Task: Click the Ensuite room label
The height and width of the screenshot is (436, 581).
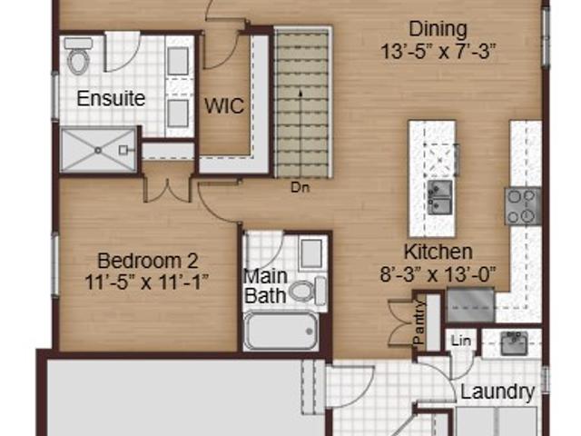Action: (x=111, y=99)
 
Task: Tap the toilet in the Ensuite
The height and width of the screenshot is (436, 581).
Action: (x=79, y=56)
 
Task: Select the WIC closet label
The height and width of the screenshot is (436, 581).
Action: (x=224, y=106)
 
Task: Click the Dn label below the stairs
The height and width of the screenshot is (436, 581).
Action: (x=300, y=188)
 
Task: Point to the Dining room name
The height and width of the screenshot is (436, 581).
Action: (x=438, y=29)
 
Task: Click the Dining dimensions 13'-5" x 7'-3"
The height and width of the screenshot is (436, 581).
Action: (x=438, y=52)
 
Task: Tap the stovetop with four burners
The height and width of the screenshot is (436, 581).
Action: (x=523, y=206)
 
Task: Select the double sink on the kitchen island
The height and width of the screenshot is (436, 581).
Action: (x=440, y=197)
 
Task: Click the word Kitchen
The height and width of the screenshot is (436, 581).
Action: (x=438, y=253)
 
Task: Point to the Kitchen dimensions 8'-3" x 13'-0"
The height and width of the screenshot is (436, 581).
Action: (x=438, y=274)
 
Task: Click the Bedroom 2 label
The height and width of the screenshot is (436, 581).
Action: (x=147, y=261)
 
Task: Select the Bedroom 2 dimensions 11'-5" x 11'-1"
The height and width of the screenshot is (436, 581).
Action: (x=147, y=282)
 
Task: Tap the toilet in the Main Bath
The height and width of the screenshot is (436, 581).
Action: (x=307, y=291)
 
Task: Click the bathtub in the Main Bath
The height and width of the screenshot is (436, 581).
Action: (x=281, y=331)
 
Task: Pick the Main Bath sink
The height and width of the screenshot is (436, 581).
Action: (x=311, y=254)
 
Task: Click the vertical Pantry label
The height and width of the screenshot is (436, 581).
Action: (x=419, y=322)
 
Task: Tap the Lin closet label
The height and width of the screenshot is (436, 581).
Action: (x=461, y=341)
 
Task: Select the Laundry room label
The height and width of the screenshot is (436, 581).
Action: (x=497, y=391)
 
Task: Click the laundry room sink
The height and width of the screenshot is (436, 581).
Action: (x=514, y=343)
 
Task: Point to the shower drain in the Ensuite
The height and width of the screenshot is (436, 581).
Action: (x=98, y=151)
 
